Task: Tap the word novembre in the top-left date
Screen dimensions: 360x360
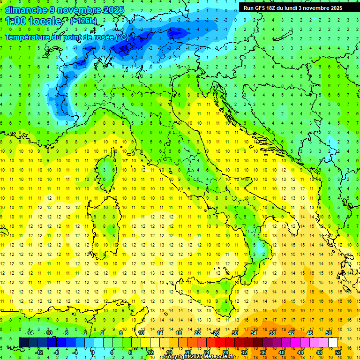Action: (75, 10)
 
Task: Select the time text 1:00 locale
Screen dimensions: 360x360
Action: (33, 21)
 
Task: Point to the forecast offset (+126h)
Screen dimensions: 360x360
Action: (83, 21)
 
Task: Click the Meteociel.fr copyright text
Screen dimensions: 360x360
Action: (199, 357)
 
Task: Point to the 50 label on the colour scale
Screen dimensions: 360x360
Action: (329, 333)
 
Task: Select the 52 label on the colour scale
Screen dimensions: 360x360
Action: (337, 352)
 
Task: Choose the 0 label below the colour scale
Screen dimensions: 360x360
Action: (93, 352)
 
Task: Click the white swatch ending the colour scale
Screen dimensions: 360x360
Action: (333, 342)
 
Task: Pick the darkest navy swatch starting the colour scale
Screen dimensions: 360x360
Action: (24, 342)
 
